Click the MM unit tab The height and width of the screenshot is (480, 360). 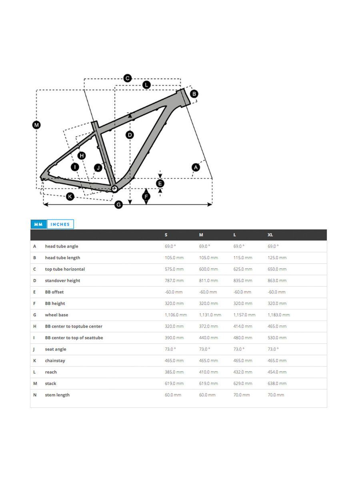click(38, 224)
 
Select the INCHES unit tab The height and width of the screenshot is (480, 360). click(60, 224)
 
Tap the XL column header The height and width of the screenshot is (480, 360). click(270, 235)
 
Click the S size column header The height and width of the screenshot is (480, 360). click(166, 235)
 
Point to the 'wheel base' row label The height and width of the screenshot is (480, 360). click(56, 315)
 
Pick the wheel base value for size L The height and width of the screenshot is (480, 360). click(244, 315)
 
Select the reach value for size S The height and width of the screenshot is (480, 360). click(174, 372)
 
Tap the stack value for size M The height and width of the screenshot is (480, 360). click(208, 384)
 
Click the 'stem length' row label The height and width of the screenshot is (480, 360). click(57, 395)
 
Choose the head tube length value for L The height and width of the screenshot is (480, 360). click(243, 258)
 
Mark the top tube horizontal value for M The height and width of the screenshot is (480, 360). click(208, 269)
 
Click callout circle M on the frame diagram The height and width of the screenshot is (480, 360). click(36, 125)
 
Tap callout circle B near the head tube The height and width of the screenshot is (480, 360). click(194, 94)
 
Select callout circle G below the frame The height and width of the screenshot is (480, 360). click(118, 205)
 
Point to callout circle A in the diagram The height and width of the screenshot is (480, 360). click(196, 167)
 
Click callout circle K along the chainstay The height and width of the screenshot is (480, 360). click(70, 196)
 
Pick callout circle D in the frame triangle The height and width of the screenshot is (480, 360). click(130, 135)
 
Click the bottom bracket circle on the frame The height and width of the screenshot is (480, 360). click(114, 188)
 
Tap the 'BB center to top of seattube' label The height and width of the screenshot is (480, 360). click(74, 338)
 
